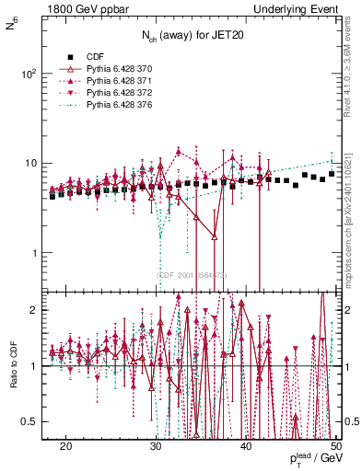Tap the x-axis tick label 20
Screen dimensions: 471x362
65,444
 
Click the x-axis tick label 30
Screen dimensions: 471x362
156,444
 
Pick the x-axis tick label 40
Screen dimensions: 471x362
246,444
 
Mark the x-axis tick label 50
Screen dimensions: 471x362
335,444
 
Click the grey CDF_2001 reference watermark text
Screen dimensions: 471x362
191,275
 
